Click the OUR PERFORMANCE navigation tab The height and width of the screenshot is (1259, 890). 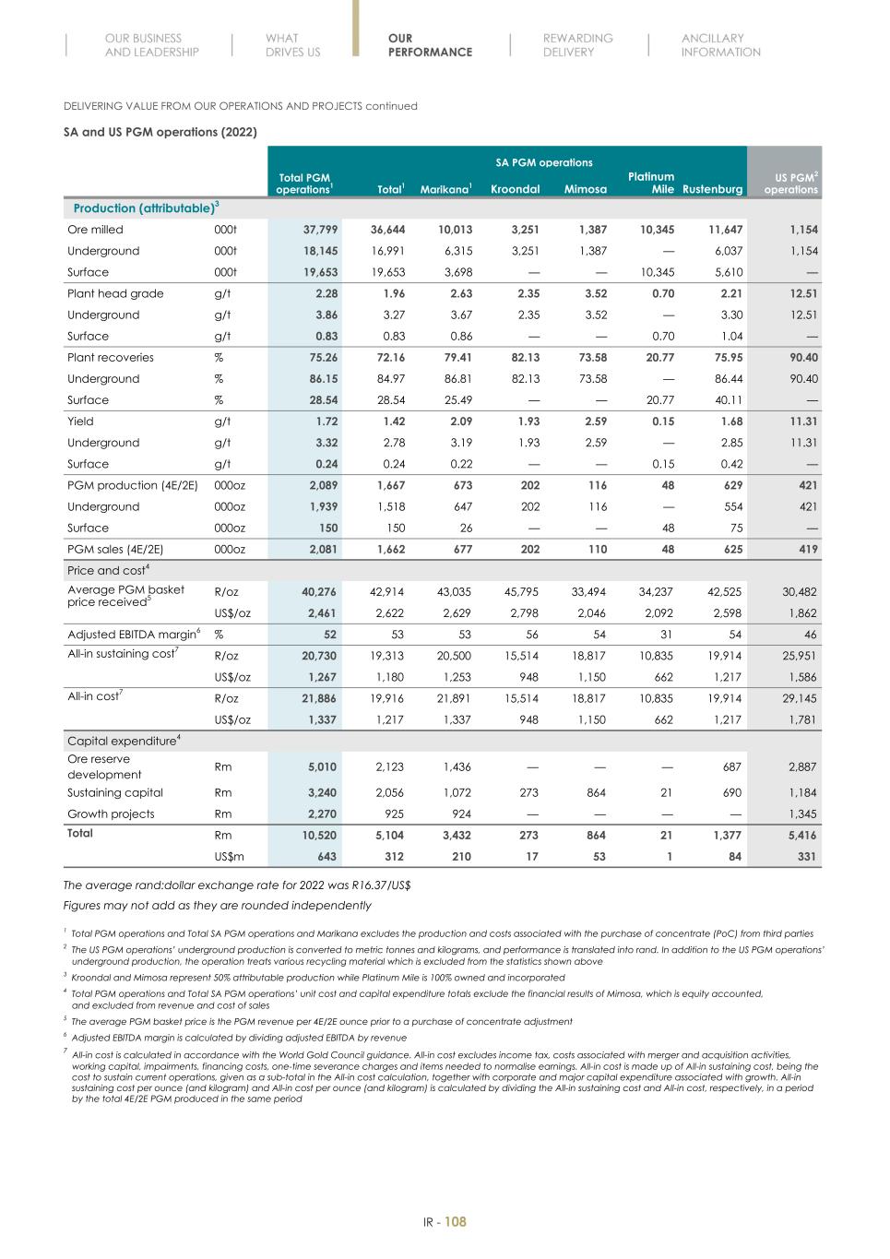[430, 45]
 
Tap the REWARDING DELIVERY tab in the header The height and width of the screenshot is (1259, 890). [577, 45]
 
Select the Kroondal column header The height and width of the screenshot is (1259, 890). [515, 189]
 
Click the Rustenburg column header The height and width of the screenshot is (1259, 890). [712, 189]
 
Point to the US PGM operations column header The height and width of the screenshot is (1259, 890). [790, 183]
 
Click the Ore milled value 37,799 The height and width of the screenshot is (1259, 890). [321, 230]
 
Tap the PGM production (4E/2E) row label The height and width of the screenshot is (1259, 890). [132, 485]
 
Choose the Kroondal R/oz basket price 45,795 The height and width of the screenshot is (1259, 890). [521, 592]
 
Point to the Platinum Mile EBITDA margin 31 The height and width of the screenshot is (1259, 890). [666, 635]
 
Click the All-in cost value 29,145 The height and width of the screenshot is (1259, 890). [798, 699]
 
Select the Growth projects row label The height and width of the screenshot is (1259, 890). [111, 814]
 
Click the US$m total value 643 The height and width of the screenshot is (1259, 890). [326, 857]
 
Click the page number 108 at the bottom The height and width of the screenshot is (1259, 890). [456, 1222]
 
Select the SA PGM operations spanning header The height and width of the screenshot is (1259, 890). [544, 162]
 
